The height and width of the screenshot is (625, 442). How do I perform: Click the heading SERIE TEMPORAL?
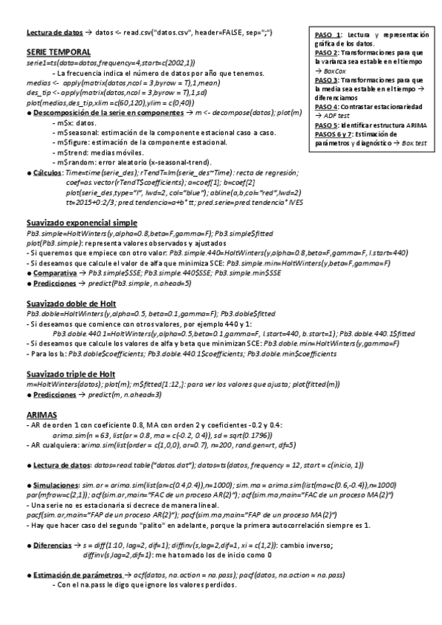58,53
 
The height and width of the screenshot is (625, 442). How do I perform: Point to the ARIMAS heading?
41,416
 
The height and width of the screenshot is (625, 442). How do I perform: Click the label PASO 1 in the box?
328,35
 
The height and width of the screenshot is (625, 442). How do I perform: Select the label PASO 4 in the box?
328,107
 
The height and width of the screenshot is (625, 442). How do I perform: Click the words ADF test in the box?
336,116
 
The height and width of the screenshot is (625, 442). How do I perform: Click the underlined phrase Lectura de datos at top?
55,33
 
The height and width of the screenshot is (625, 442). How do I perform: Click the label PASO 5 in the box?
328,125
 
